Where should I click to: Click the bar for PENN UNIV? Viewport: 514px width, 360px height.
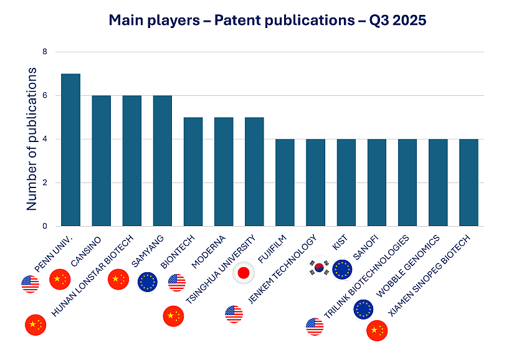point(70,150)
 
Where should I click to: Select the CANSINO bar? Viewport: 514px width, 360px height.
point(101,161)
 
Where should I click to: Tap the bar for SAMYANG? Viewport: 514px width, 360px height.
point(162,161)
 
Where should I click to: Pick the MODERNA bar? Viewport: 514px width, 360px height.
point(224,172)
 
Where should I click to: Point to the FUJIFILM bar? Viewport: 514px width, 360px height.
point(285,182)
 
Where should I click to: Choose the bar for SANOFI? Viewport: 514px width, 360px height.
point(377,182)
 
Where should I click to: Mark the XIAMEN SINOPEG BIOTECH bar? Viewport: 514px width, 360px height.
point(469,182)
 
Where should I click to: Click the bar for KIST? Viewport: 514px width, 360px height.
point(346,182)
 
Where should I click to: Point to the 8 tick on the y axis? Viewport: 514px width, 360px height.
point(44,52)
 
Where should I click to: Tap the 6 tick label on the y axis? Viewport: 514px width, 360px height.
point(44,96)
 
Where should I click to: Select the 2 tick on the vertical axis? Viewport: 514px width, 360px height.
point(44,183)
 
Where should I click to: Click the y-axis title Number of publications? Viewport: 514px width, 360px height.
point(32,139)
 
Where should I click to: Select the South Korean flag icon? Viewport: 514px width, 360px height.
point(319,268)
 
